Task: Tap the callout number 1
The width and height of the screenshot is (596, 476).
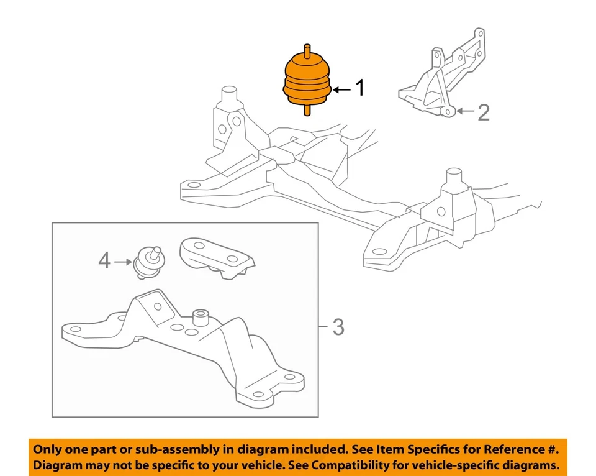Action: coord(359,89)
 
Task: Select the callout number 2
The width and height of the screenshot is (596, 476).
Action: coord(483,112)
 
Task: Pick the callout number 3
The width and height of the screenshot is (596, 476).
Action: coord(337,327)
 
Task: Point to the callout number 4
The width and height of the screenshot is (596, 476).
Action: coord(104,261)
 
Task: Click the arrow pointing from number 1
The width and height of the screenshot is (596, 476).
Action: coord(341,90)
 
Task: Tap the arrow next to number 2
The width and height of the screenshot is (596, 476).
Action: coord(464,112)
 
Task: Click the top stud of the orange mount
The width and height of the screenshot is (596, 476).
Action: coord(306,50)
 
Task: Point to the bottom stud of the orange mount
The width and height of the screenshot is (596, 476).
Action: coord(306,110)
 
